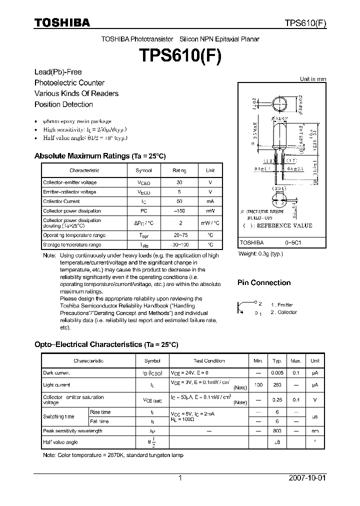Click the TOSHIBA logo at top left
click(x=62, y=23)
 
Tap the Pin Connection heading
click(x=263, y=282)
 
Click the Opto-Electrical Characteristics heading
click(x=106, y=344)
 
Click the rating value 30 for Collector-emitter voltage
click(x=179, y=183)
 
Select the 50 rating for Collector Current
click(x=179, y=201)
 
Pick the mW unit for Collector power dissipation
click(x=210, y=211)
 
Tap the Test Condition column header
click(x=209, y=360)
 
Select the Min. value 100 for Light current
click(x=258, y=385)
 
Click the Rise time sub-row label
click(x=100, y=412)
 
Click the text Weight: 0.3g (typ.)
click(x=260, y=254)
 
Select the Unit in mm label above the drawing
click(x=312, y=79)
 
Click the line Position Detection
click(x=63, y=104)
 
